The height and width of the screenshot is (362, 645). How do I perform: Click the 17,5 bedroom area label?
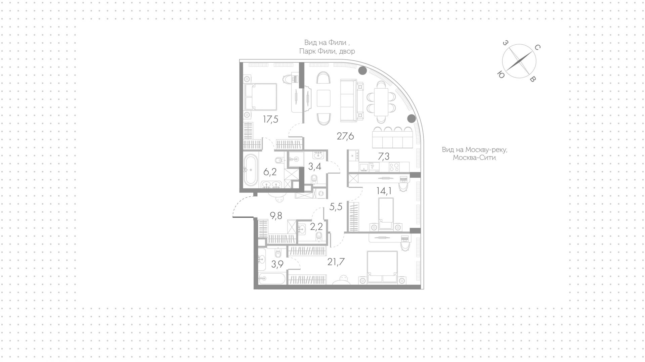tap(270, 119)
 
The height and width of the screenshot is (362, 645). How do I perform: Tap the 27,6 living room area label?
tap(345, 136)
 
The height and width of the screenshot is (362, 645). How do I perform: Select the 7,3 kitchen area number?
tap(384, 156)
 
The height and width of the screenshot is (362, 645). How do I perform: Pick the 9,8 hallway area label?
tap(276, 216)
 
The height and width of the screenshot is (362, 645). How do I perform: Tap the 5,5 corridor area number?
tap(336, 207)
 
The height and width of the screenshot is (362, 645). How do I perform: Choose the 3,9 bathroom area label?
tap(277, 265)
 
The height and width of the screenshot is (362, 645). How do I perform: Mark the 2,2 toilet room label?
tap(316, 227)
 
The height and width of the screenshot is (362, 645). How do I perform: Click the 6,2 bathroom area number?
tap(270, 172)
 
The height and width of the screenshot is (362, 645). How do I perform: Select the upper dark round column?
tap(362, 71)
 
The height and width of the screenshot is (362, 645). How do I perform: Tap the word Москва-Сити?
tap(474, 158)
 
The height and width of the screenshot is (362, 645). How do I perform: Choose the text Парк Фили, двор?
tap(327, 51)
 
